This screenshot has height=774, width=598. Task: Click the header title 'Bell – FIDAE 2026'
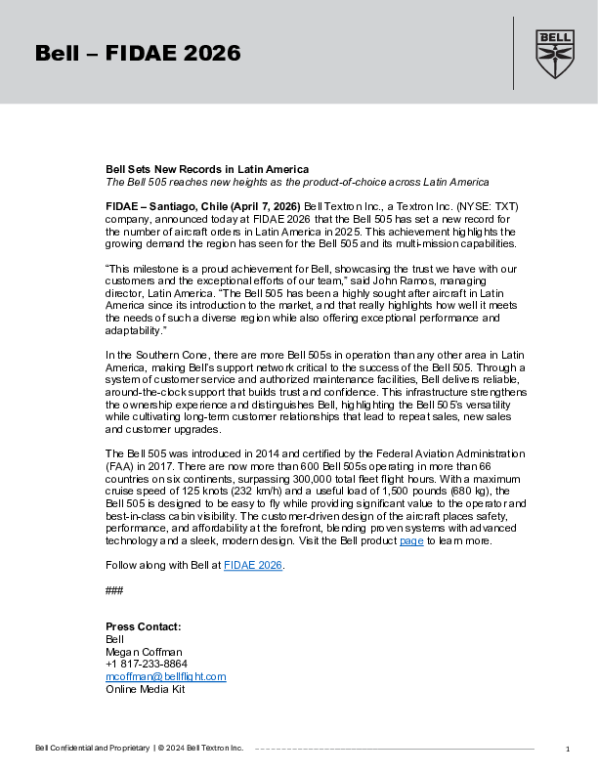click(138, 54)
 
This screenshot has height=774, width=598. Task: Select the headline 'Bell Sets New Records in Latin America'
click(207, 169)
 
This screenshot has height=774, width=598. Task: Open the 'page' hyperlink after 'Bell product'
click(411, 540)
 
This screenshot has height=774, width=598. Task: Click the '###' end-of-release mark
click(114, 589)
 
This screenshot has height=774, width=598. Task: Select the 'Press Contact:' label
click(144, 626)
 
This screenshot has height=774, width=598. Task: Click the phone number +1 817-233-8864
click(147, 664)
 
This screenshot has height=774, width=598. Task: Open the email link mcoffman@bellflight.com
click(166, 676)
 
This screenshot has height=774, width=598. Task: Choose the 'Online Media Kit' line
click(145, 689)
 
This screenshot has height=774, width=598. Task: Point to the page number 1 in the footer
click(567, 749)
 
